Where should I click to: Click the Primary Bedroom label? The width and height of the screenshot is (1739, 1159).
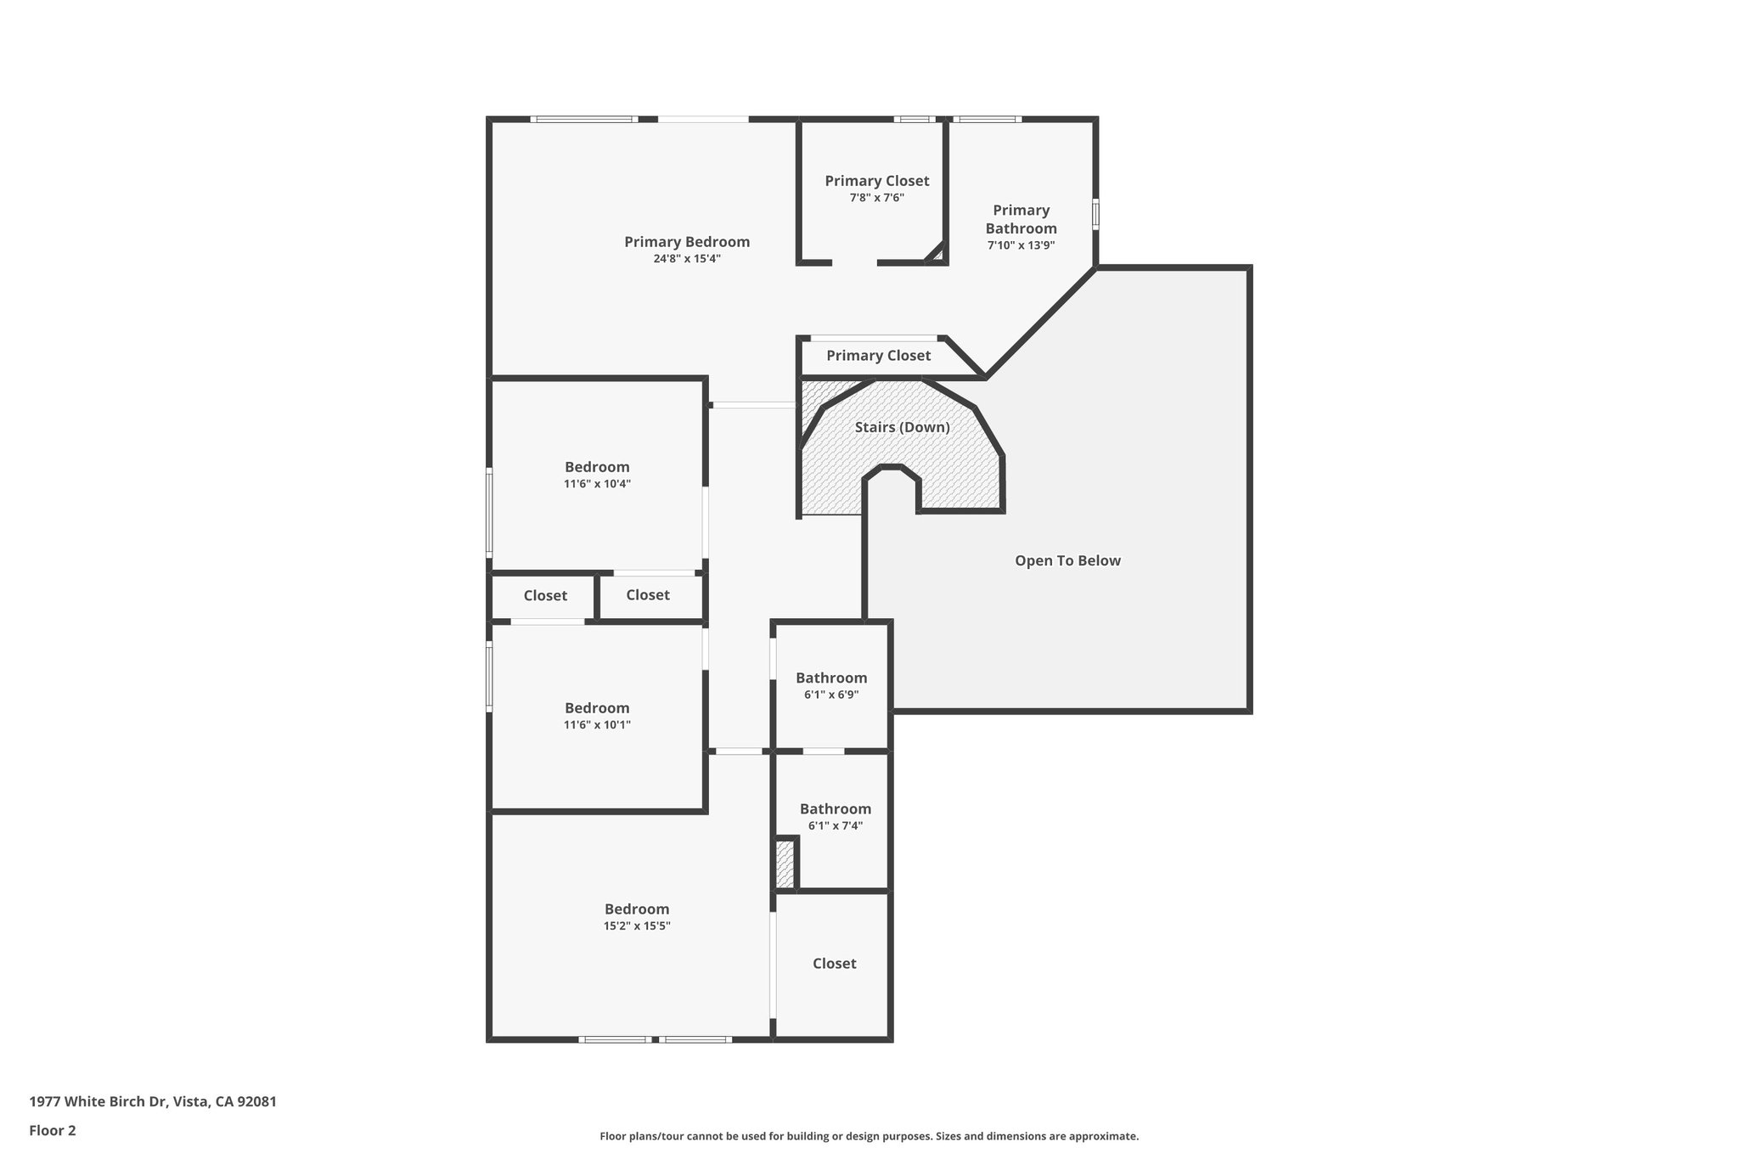point(686,242)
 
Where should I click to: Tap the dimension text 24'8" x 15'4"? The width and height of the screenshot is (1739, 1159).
point(686,259)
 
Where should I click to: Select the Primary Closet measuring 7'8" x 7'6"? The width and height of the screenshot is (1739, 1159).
point(876,188)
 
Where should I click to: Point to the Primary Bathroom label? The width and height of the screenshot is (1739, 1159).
point(1021,219)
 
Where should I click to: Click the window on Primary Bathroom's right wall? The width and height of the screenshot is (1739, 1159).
point(1095,214)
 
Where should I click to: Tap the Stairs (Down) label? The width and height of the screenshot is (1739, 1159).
point(902,427)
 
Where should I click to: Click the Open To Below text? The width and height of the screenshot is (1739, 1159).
point(1067,560)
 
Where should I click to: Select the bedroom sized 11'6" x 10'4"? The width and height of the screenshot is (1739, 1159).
point(597,475)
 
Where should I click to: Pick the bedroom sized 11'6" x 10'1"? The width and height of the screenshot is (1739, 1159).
point(597,716)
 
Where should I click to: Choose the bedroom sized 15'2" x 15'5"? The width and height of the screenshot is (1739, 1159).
point(637,917)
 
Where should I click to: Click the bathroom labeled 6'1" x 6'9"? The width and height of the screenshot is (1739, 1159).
point(831,685)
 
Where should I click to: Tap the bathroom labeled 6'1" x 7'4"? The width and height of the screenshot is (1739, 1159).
point(835,816)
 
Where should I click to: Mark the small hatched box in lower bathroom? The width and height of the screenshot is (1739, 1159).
point(785,864)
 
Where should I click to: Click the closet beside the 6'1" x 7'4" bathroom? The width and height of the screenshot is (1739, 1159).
point(834,963)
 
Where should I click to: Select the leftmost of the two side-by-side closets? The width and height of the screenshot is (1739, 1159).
point(544,596)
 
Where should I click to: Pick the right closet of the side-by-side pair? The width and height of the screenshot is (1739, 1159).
point(648,595)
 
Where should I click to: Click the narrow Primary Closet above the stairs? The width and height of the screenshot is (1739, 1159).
point(878,356)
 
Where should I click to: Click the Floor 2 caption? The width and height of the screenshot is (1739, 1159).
point(53,1130)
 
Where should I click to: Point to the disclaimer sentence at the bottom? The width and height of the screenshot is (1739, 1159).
point(869,1136)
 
